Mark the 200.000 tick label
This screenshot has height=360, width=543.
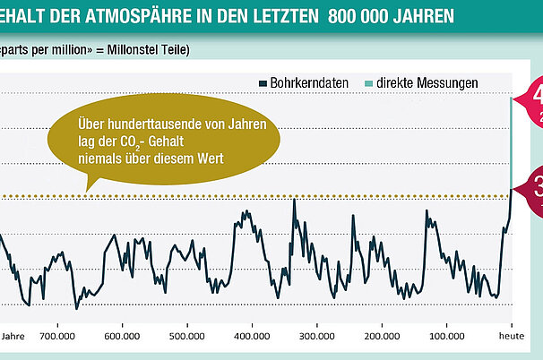(382, 338)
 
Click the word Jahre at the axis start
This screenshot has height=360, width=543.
(13, 338)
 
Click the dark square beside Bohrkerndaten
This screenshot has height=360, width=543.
(262, 82)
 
